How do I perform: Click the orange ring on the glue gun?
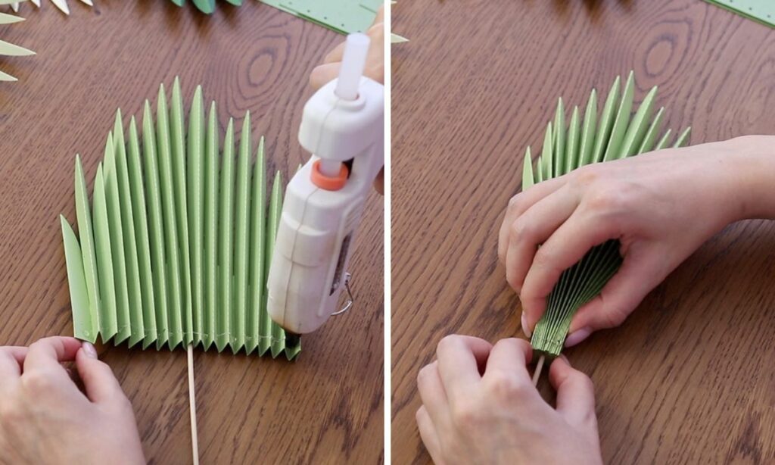tap(329, 176)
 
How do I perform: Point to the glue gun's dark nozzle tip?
tap(291, 342)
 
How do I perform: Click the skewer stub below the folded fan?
tap(538, 370)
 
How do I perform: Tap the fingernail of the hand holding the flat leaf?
tap(89, 351)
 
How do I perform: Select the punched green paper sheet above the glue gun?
tap(325, 14)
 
